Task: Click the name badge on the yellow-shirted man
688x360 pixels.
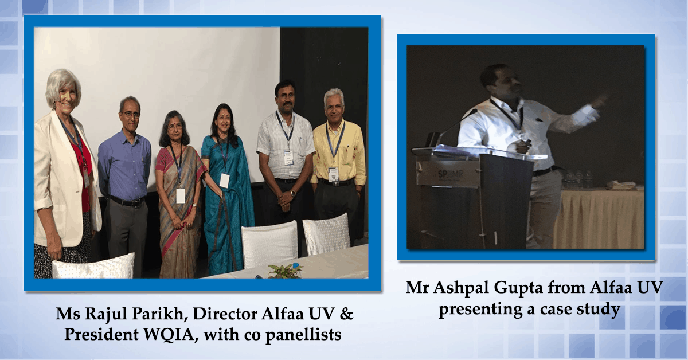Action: (333, 174)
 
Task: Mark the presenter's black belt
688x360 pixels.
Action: (544, 170)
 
